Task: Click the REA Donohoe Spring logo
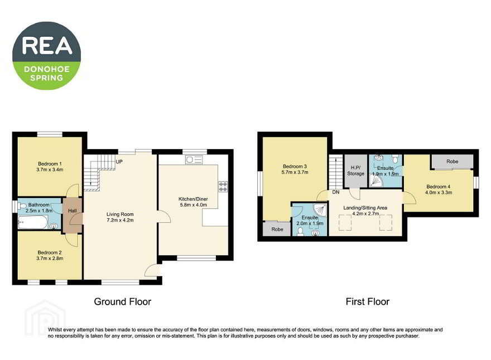pos(47,55)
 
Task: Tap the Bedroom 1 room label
pos(50,164)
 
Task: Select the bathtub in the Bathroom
pos(33,223)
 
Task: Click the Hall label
pos(73,210)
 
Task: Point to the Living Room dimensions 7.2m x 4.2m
pos(121,220)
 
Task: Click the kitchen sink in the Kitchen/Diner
pos(194,160)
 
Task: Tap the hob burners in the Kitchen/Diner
pos(223,187)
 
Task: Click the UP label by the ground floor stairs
pos(119,162)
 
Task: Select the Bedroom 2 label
pos(50,252)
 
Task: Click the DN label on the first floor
pos(336,192)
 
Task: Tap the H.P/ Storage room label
pos(356,170)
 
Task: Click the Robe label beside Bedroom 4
pos(452,161)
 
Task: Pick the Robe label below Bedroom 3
pos(277,229)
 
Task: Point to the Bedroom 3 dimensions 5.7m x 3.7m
pos(295,172)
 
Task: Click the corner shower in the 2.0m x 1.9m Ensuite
pos(320,210)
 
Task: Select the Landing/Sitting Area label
pos(365,208)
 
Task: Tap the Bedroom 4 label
pos(439,186)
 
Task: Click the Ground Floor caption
pos(122,302)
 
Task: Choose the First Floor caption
pos(368,302)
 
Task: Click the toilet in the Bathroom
pos(22,206)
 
